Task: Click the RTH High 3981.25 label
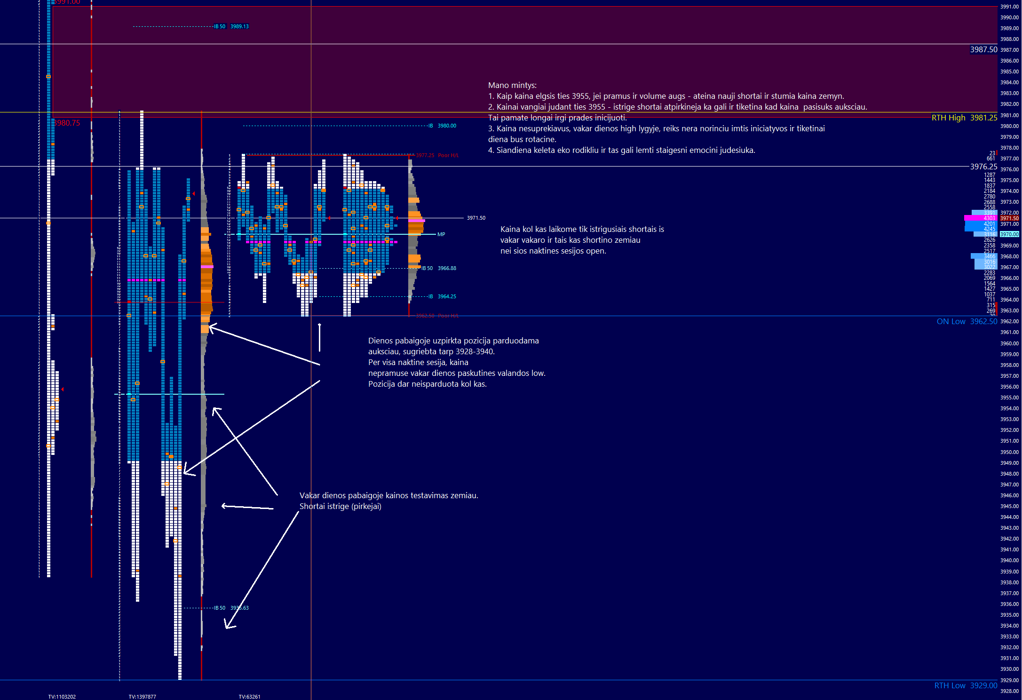(x=964, y=118)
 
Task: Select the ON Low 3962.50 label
(x=967, y=322)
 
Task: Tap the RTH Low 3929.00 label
(x=965, y=686)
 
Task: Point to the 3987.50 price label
(x=983, y=50)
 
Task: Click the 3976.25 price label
(x=983, y=167)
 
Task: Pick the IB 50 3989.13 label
(x=231, y=27)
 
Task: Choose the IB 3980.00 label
(x=442, y=126)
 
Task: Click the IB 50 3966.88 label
(x=439, y=269)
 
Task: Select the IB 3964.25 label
(x=442, y=297)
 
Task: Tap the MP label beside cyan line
(x=441, y=235)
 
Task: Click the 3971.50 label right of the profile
(x=476, y=218)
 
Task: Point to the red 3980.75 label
(x=67, y=123)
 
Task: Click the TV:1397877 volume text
(x=143, y=697)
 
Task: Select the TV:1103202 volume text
(x=62, y=697)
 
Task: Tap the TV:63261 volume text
(x=249, y=697)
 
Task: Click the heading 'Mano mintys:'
(x=512, y=86)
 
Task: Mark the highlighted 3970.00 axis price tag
(x=1009, y=235)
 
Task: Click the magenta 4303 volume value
(x=990, y=219)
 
